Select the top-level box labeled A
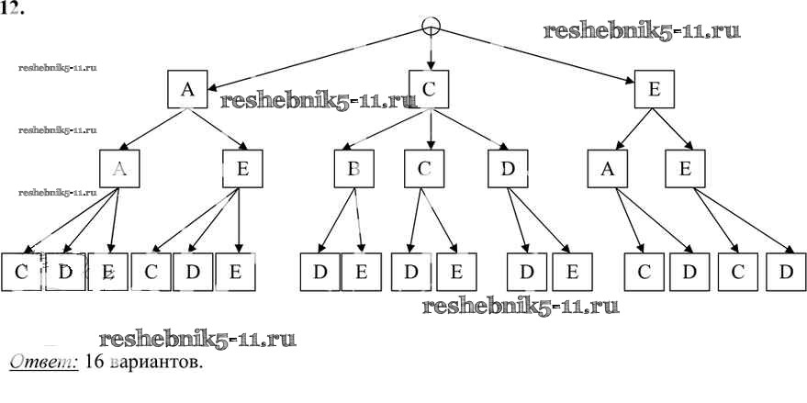point(188,89)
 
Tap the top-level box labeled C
point(430,89)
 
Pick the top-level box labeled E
point(655,89)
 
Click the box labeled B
point(353,169)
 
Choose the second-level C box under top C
point(423,169)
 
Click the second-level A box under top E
point(608,169)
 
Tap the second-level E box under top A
point(242,169)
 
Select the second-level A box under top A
point(118,169)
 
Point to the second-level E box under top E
point(685,169)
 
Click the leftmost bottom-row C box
point(20,272)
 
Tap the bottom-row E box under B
point(361,272)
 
